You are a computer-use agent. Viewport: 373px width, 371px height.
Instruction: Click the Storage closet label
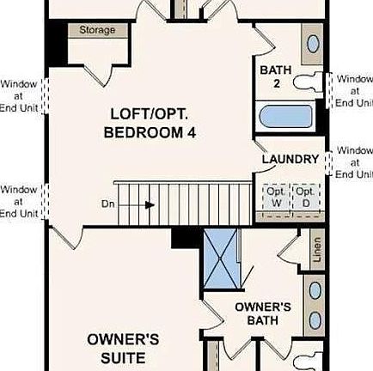[x=96, y=30]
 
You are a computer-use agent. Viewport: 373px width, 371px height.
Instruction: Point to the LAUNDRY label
[x=290, y=160]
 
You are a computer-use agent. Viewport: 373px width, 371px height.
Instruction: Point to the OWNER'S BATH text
[x=263, y=314]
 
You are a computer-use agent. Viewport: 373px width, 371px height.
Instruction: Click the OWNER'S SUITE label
[x=123, y=347]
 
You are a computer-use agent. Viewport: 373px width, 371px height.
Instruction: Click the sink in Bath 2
[x=313, y=43]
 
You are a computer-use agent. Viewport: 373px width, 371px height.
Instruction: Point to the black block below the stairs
[x=185, y=238]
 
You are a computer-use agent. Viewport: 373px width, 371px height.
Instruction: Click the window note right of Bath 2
[x=353, y=91]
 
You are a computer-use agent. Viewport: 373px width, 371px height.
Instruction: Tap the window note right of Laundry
[x=353, y=162]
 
